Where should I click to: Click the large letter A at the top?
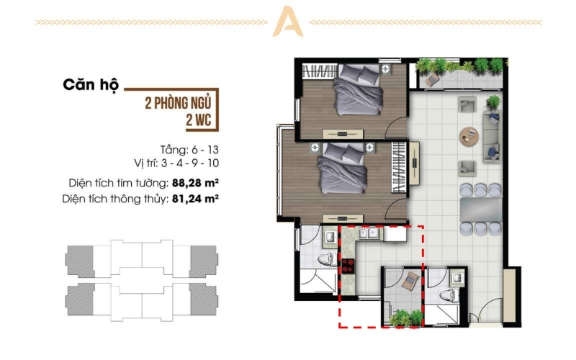click(287, 22)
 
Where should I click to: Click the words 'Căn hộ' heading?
click(91, 85)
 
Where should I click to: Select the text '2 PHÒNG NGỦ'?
click(178, 103)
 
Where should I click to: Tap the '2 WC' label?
click(199, 120)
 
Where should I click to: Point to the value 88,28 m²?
click(195, 183)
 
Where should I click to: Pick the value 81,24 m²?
click(195, 199)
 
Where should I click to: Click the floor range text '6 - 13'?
click(205, 150)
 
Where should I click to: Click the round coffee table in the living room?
click(469, 137)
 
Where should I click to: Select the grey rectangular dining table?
click(481, 210)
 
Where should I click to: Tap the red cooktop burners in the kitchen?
click(347, 266)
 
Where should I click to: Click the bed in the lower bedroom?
click(342, 168)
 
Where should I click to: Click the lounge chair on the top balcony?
click(432, 79)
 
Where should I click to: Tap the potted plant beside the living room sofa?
click(494, 102)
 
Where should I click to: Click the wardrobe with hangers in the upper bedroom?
click(319, 71)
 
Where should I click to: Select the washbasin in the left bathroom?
click(330, 237)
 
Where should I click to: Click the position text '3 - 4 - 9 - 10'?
click(189, 163)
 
